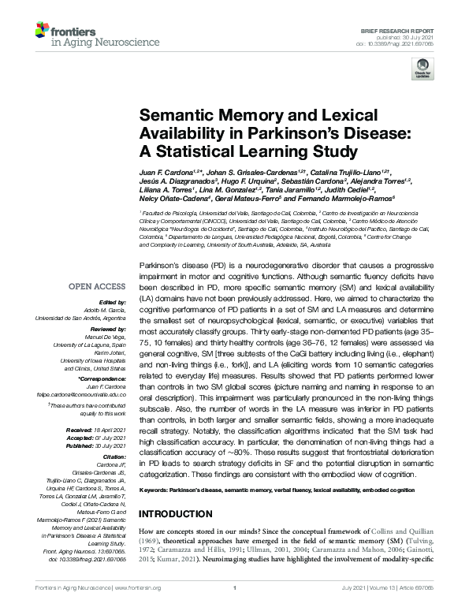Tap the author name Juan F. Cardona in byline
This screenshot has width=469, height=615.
[167, 171]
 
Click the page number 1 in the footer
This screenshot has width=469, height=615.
[235, 609]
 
